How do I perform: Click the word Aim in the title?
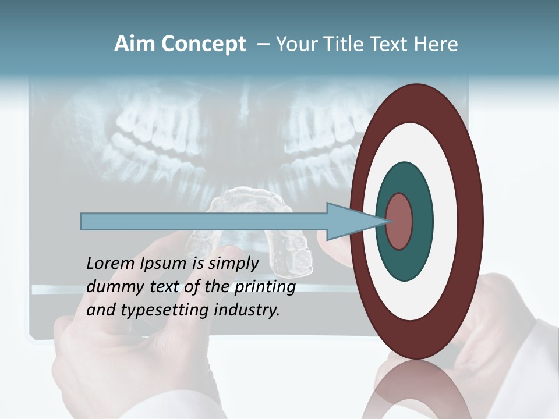click(x=135, y=44)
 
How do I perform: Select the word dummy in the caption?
click(x=110, y=287)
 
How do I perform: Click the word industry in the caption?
click(x=246, y=310)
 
